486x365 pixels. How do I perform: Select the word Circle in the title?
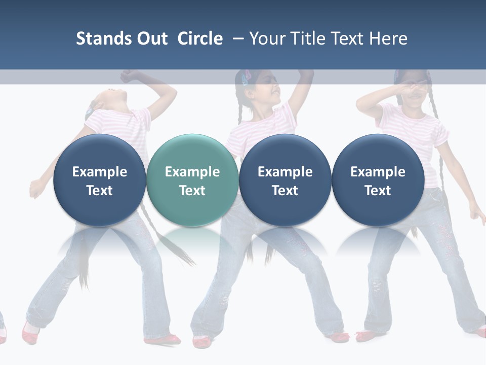[200, 39]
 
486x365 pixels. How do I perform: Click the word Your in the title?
[266, 39]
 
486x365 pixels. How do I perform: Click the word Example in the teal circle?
[192, 172]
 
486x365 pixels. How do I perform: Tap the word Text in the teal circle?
[192, 191]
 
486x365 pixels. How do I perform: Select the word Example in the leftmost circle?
[99, 172]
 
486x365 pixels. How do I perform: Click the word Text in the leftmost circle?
[99, 191]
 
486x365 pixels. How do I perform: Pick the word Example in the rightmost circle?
[378, 172]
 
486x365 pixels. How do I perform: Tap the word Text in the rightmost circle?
[378, 191]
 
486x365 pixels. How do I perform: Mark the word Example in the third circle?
[285, 172]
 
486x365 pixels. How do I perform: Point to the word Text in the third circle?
[285, 191]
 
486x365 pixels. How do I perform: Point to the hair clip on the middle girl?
[247, 78]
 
